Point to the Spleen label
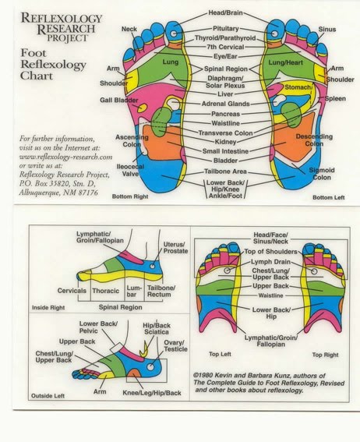[x=336, y=99]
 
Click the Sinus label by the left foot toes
[x=327, y=28]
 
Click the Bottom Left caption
[x=328, y=197]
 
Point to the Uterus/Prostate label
[x=175, y=249]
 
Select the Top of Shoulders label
[x=271, y=253]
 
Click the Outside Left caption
[x=51, y=396]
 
